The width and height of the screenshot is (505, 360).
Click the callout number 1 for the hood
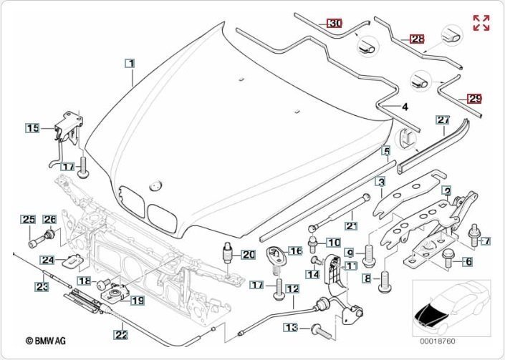[x=130, y=63]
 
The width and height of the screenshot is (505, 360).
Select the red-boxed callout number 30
[x=335, y=23]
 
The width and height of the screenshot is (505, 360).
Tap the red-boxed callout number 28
[x=417, y=39]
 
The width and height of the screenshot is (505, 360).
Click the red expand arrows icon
[x=481, y=23]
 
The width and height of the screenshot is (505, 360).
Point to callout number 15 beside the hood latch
[x=33, y=128]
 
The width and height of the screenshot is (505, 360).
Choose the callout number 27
[x=442, y=120]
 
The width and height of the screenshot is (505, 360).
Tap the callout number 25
[x=27, y=219]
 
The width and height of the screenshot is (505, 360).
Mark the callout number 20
[x=248, y=254]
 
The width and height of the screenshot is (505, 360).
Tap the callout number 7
[x=486, y=241]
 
